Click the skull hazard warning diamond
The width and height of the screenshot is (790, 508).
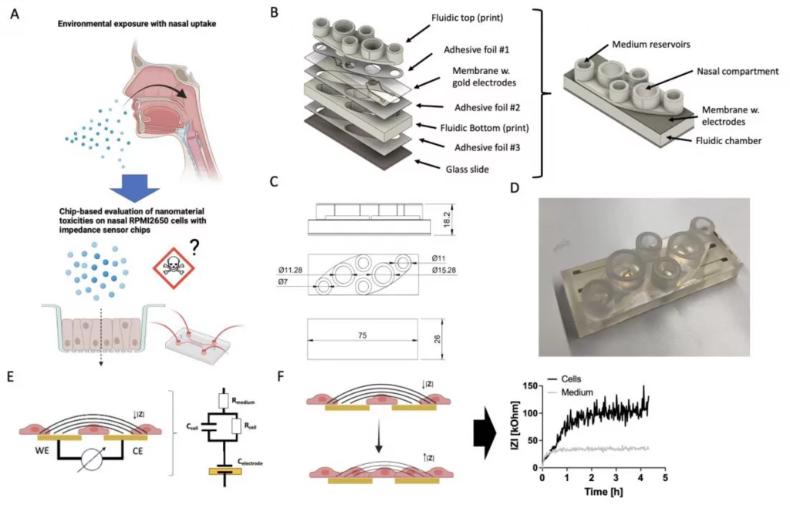tap(174, 267)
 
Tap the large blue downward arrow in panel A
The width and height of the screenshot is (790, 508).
tap(134, 188)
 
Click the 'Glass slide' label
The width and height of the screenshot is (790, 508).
tap(467, 169)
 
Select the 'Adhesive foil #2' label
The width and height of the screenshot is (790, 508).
tap(488, 107)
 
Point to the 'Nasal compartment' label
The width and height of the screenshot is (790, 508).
tap(738, 72)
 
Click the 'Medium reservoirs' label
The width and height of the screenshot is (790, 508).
tap(651, 44)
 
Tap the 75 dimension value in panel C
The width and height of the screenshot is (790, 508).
tap(363, 335)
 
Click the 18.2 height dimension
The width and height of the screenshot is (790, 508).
tap(447, 219)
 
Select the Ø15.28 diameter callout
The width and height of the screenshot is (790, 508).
tap(444, 271)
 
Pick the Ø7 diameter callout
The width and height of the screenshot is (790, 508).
tap(283, 282)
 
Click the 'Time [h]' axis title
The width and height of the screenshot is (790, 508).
tap(603, 491)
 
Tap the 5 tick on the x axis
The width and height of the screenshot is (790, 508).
tap(665, 477)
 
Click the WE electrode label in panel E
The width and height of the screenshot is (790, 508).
tap(42, 450)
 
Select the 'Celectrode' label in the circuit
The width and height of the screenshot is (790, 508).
tap(250, 462)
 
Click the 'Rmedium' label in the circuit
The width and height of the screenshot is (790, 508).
tap(243, 401)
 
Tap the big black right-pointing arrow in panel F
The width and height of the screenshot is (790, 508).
tap(484, 436)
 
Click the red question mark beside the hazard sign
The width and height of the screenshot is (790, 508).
tap(194, 246)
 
